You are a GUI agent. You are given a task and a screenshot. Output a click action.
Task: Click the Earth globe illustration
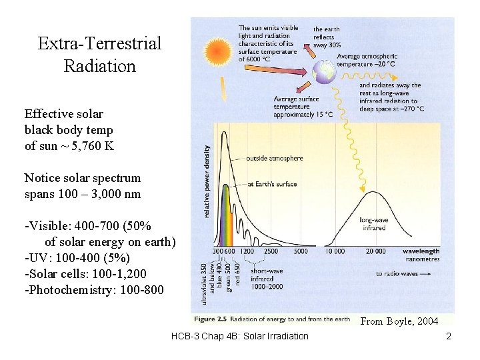coord(325,73)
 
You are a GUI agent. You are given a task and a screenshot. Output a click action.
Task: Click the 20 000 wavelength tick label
coord(375,251)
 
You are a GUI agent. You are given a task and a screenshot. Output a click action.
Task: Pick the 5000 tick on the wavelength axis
coord(301,251)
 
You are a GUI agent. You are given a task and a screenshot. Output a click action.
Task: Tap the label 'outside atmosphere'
coord(274,159)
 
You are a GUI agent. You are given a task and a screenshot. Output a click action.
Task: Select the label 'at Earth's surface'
coord(271,184)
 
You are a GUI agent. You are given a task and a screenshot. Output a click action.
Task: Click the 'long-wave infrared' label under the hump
coord(373,223)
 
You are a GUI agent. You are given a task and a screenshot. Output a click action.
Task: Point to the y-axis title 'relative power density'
coord(207,181)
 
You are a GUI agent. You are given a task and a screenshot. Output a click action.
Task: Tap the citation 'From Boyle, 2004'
coord(399,321)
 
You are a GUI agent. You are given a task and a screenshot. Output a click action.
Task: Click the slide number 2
coord(449,336)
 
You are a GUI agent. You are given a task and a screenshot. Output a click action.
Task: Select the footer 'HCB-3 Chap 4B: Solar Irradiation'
coord(239,336)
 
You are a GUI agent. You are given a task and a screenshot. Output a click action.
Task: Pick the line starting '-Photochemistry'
coord(93,289)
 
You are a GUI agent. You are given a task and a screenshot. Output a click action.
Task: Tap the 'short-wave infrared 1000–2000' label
coord(267,278)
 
